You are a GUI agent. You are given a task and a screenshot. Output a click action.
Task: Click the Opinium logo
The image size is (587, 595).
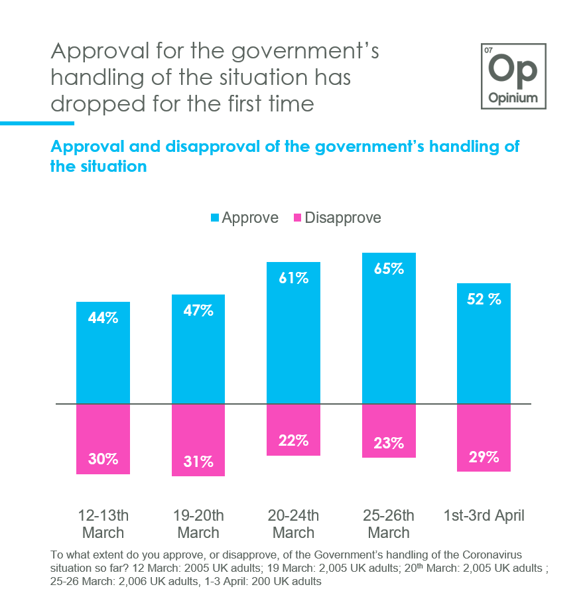point(514,76)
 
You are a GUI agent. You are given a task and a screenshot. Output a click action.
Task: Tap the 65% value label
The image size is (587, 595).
point(389,269)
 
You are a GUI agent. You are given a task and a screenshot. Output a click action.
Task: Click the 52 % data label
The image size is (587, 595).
point(484,299)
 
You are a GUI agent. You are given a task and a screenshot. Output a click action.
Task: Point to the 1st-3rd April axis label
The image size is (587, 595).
point(484,516)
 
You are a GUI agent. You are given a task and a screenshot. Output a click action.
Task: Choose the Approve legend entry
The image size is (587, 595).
point(244,218)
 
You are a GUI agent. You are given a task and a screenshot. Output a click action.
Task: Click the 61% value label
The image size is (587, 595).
point(293,278)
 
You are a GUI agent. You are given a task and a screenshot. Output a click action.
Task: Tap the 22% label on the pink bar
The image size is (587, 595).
point(293,440)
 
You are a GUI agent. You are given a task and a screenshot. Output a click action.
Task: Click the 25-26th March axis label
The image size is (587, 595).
point(389,524)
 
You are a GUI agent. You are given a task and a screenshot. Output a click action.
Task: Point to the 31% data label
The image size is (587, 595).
point(198,462)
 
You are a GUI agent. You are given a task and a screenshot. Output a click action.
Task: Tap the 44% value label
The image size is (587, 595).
point(103,318)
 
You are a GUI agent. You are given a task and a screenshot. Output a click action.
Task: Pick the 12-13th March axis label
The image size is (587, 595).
point(103,524)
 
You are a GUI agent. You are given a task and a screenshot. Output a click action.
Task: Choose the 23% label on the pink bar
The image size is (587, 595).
point(389,443)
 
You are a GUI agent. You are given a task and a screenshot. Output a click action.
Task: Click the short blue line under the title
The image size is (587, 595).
point(37,123)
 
